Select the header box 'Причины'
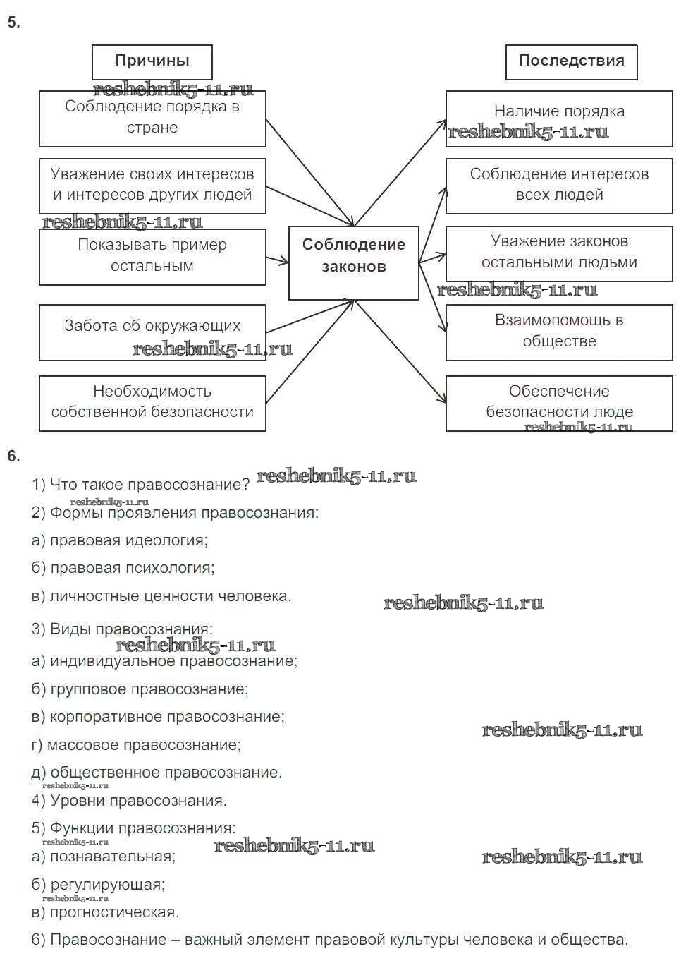click(152, 61)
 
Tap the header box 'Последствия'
click(571, 61)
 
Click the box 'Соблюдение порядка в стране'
click(152, 118)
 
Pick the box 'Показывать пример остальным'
click(152, 256)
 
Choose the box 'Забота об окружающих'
click(152, 332)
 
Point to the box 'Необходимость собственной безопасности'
click(152, 402)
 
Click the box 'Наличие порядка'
click(559, 118)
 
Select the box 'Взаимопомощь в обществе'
click(559, 331)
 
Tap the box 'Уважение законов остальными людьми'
click(559, 252)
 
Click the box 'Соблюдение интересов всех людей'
click(559, 185)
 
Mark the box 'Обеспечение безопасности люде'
click(559, 402)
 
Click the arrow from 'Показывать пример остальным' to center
click(277, 260)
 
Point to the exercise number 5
click(13, 23)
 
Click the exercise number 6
click(13, 456)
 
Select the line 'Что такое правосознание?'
click(141, 485)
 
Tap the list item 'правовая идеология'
click(120, 540)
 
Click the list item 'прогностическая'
click(106, 912)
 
